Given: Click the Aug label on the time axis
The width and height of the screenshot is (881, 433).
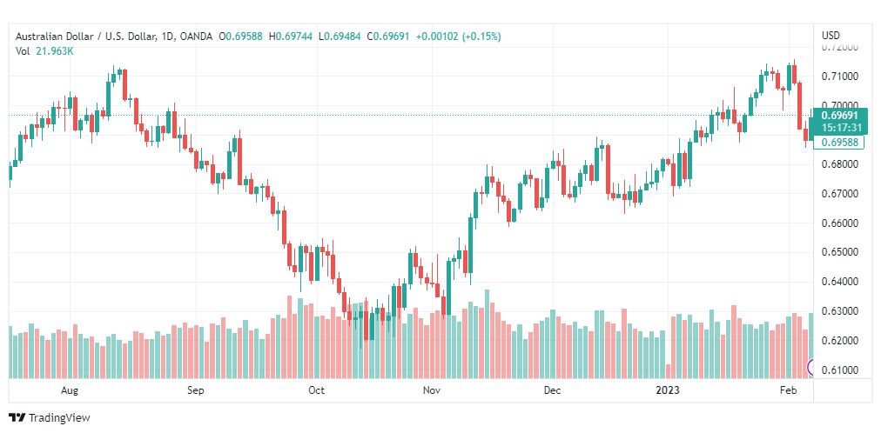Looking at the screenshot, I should (x=71, y=390).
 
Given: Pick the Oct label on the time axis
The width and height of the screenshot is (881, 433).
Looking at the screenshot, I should (x=316, y=390).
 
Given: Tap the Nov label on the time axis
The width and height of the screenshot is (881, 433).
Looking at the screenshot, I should (x=431, y=390).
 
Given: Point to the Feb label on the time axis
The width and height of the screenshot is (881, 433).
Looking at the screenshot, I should (x=788, y=390).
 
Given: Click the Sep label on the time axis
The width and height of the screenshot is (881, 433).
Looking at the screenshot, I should (x=195, y=390).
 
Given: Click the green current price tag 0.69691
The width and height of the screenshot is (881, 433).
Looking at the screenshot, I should (x=839, y=115).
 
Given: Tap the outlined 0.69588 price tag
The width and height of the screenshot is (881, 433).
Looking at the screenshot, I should (x=839, y=142).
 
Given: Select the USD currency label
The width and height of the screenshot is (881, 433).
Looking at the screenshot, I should (x=831, y=36).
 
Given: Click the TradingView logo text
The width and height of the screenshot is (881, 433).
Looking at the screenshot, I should (x=59, y=418).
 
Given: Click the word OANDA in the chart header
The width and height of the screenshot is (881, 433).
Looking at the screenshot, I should (x=198, y=37).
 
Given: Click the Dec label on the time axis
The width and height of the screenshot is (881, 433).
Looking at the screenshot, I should (x=551, y=390).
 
